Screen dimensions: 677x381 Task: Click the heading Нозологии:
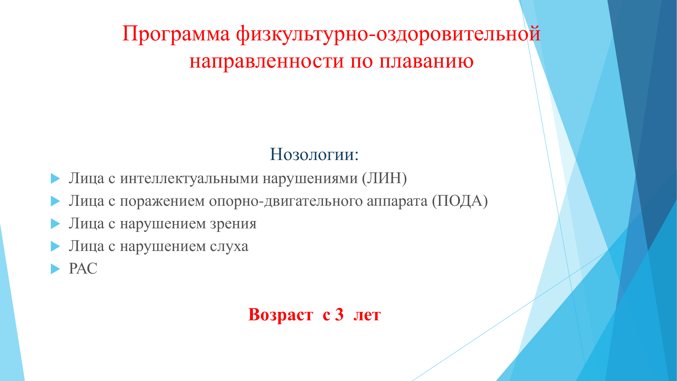point(314,154)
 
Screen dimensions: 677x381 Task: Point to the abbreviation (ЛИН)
point(384,178)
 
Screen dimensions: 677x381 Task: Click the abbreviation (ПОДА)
point(460,201)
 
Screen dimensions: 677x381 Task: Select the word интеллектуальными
point(189,179)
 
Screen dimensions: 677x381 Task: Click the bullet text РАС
point(83,269)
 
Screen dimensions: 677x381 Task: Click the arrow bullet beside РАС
point(55,269)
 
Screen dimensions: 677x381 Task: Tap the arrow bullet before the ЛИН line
point(55,179)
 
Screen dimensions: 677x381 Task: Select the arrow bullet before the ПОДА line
point(55,201)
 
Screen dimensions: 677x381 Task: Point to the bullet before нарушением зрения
point(55,224)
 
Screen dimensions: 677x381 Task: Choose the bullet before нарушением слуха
point(55,246)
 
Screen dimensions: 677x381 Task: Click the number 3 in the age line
point(339,314)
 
